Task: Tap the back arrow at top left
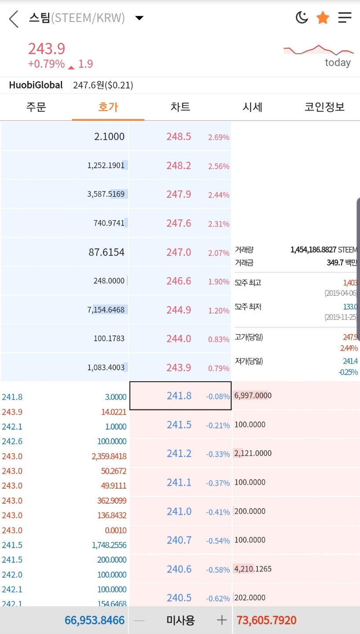point(14,19)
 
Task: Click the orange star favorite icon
point(323,18)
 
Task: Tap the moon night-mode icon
point(302,18)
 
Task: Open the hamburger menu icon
point(345,18)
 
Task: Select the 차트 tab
point(180,107)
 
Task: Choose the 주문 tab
point(36,107)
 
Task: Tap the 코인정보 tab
point(324,107)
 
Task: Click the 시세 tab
point(253,107)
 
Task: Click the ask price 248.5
point(179,136)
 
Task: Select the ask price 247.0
point(179,252)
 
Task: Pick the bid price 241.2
point(179,453)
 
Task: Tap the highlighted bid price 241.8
point(179,396)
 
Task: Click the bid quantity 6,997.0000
point(253,395)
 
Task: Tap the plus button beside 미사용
point(222,620)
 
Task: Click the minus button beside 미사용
point(139,620)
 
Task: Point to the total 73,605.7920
point(267,620)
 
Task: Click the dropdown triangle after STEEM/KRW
point(140,18)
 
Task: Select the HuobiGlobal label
point(36,85)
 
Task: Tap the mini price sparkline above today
point(319,49)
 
